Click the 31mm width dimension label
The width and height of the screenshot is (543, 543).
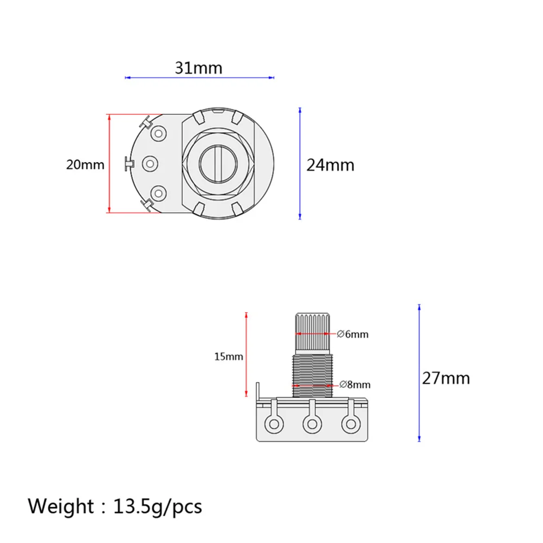pyautogui.click(x=198, y=68)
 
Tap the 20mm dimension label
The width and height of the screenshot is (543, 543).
pyautogui.click(x=85, y=164)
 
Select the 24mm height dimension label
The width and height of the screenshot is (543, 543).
pyautogui.click(x=330, y=164)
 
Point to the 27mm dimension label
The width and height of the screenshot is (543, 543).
pyautogui.click(x=446, y=378)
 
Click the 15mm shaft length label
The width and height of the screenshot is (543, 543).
pyautogui.click(x=228, y=356)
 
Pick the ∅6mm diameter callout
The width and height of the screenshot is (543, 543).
pyautogui.click(x=353, y=334)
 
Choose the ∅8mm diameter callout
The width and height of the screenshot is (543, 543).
pyautogui.click(x=355, y=385)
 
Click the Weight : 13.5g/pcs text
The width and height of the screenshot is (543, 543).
pyautogui.click(x=115, y=506)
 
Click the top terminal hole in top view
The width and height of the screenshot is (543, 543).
pyautogui.click(x=158, y=133)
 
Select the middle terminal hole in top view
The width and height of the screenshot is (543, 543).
pyautogui.click(x=150, y=163)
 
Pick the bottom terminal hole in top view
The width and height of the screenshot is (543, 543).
pyautogui.click(x=158, y=192)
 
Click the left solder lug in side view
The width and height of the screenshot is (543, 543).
pyautogui.click(x=273, y=423)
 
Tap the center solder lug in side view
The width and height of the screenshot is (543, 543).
pyautogui.click(x=312, y=423)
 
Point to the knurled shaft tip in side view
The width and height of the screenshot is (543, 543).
pyautogui.click(x=311, y=331)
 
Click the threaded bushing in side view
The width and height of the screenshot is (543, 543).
pyautogui.click(x=311, y=374)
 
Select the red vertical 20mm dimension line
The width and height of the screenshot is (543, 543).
pyautogui.click(x=109, y=163)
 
